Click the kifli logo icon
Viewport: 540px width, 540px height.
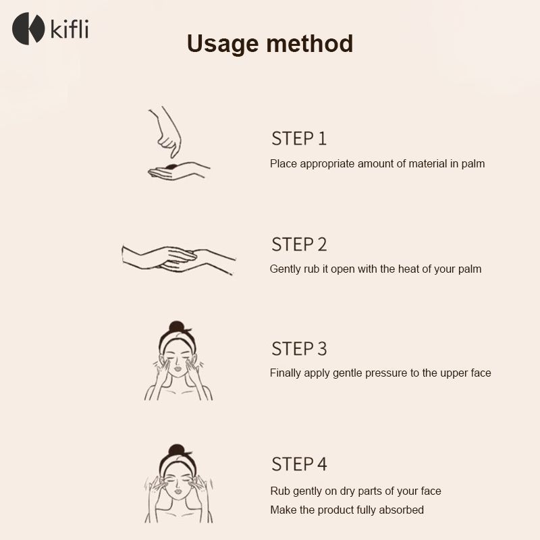(x=28, y=28)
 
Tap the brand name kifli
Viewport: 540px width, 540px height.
(x=70, y=29)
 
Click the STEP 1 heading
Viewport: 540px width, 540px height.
(x=299, y=138)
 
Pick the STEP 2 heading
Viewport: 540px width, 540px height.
(x=299, y=244)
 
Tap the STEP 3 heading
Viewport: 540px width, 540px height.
(x=299, y=348)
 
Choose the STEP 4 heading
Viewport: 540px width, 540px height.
(x=299, y=464)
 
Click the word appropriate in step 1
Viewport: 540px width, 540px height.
(x=327, y=164)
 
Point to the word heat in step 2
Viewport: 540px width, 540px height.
(x=408, y=269)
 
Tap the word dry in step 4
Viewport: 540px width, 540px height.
(x=348, y=491)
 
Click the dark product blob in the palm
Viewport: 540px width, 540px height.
(x=171, y=167)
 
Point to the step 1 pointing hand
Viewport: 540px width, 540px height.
(x=165, y=132)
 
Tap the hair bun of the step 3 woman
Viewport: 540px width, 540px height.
(x=177, y=326)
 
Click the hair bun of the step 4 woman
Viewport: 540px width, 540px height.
(x=177, y=449)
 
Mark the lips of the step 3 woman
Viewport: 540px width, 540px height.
(x=178, y=369)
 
